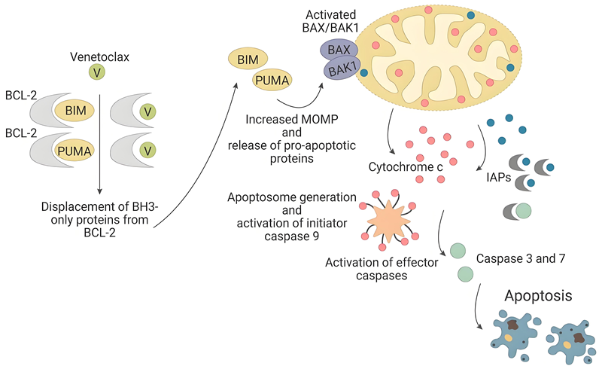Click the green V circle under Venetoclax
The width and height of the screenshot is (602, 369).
[97, 72]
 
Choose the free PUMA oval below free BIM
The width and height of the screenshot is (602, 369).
[272, 79]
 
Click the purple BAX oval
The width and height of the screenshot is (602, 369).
[339, 50]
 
